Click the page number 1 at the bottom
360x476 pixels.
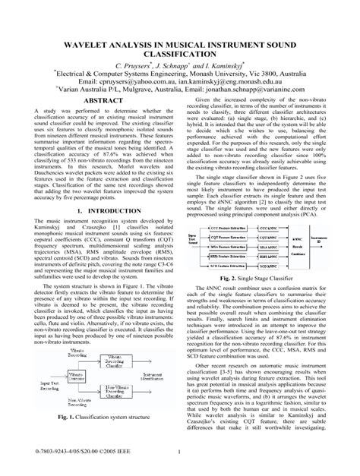tap(179, 456)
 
